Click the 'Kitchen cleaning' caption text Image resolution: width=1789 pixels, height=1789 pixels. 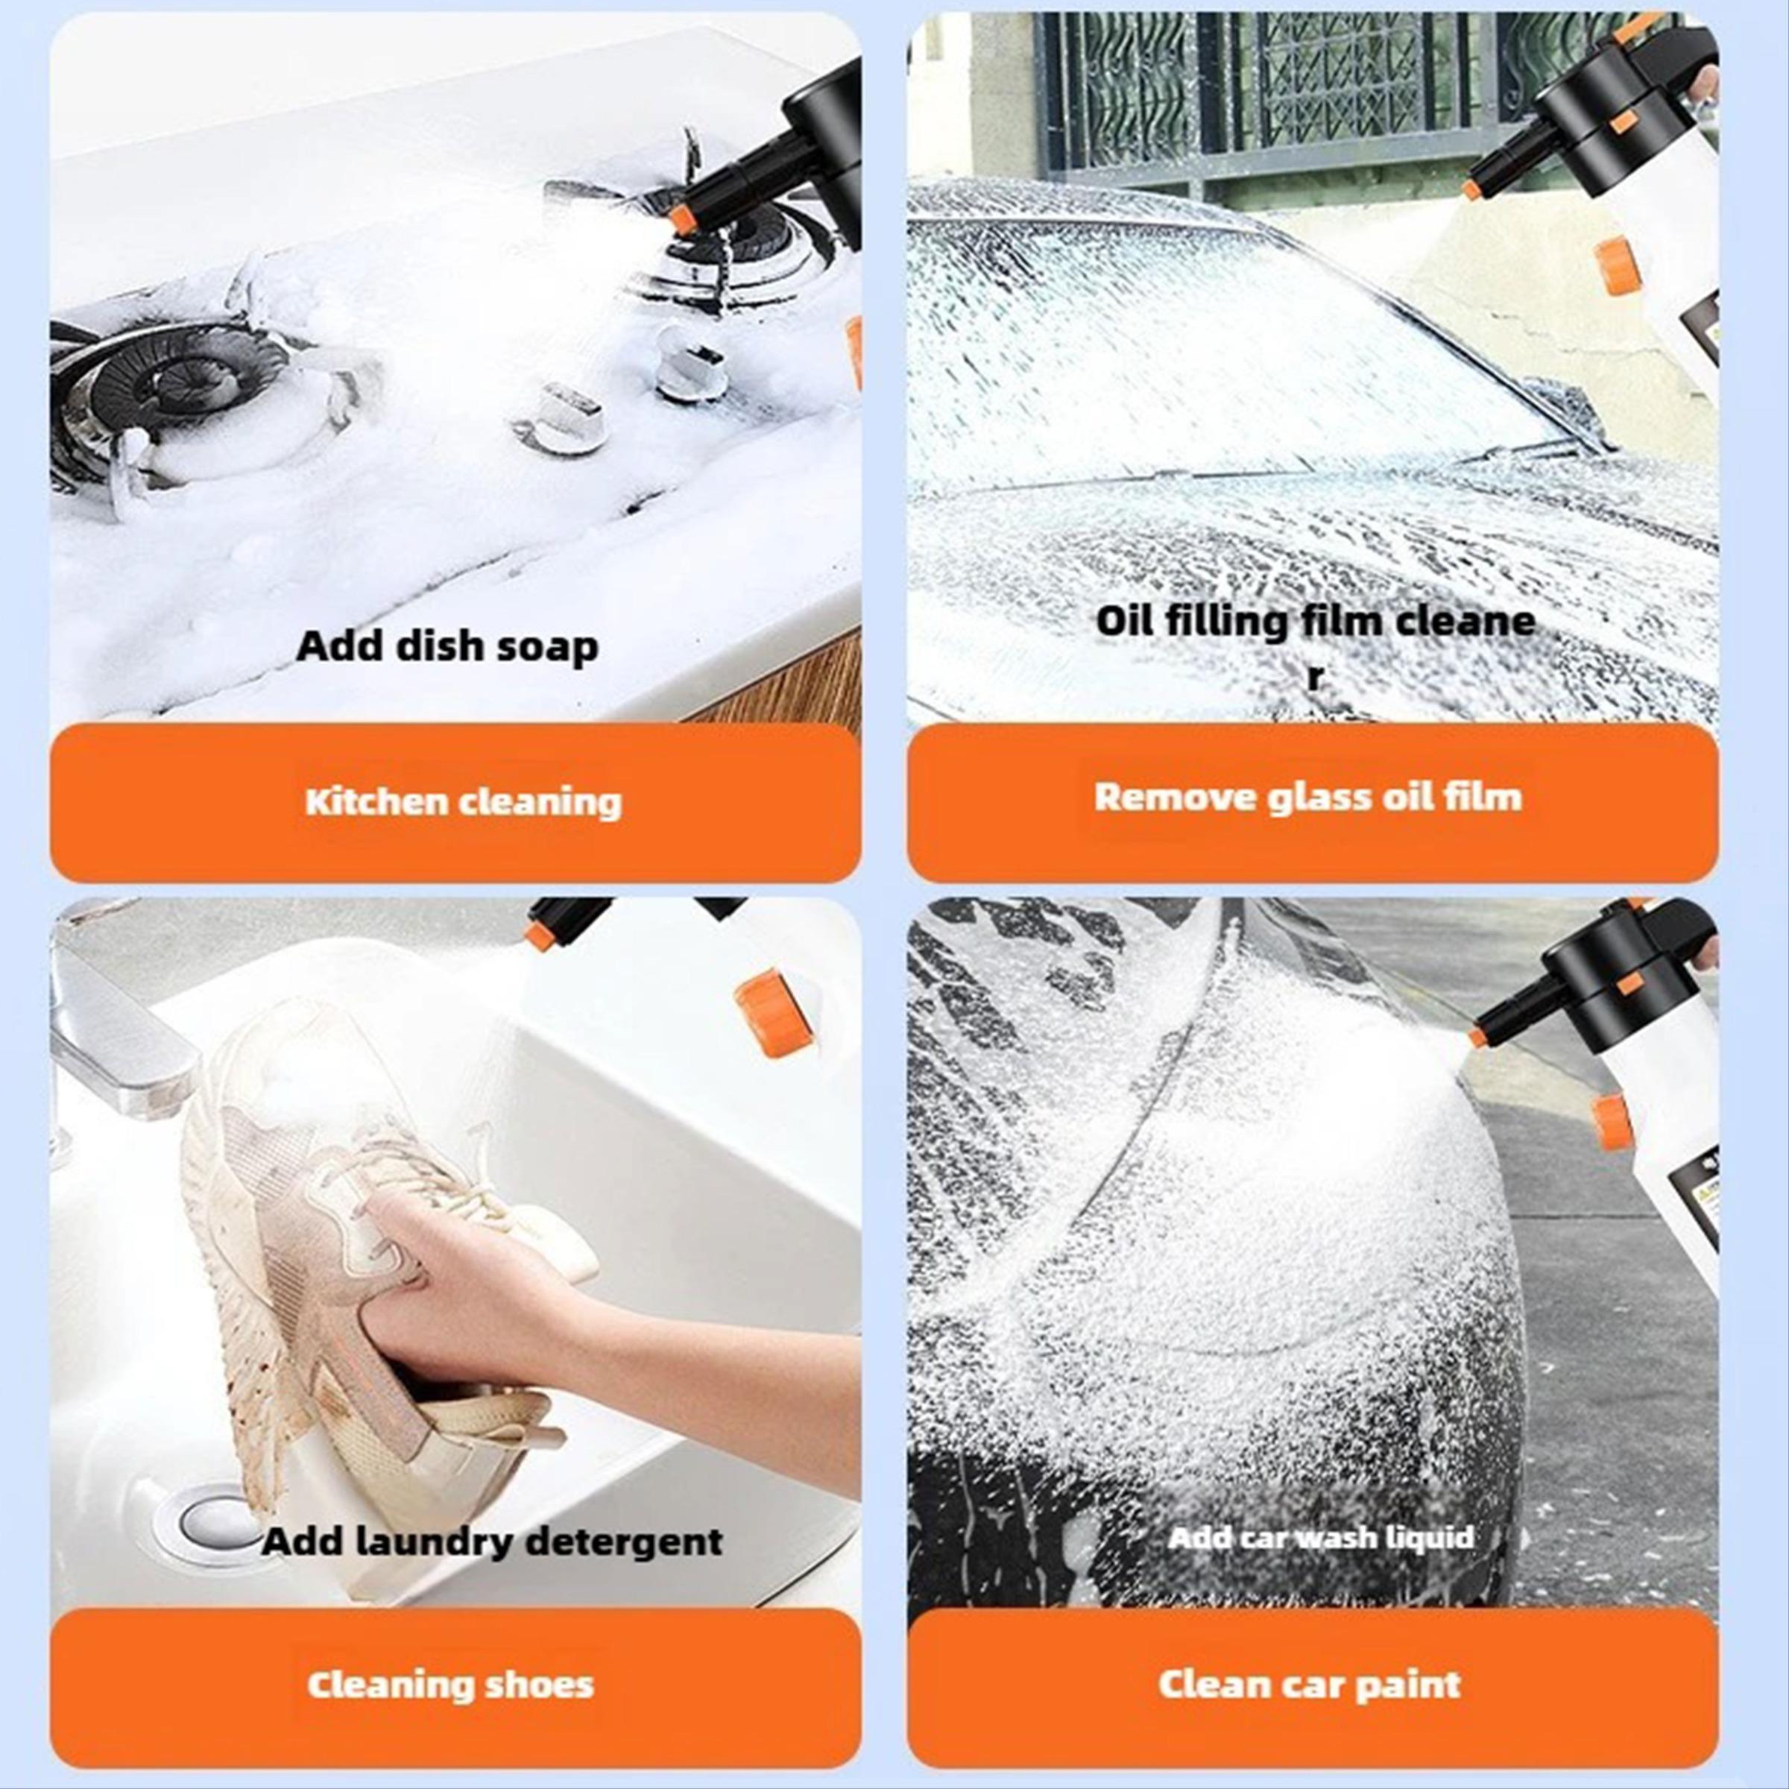pos(463,802)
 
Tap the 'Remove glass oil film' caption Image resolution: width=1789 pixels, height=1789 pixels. pos(1307,798)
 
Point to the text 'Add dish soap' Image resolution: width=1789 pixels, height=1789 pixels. pos(447,646)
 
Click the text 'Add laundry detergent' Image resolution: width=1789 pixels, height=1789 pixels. pos(492,1542)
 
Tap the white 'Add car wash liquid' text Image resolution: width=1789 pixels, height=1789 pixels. pos(1320,1538)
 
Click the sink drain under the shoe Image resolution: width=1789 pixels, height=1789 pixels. pos(209,1518)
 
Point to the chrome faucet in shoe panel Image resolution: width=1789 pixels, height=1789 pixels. pos(111,1028)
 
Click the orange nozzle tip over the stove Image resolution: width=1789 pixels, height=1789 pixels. pos(683,219)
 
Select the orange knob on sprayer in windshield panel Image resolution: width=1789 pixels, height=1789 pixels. pos(1618,266)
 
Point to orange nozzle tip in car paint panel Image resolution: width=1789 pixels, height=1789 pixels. pos(1479,1036)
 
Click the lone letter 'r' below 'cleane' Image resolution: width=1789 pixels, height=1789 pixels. pos(1315,677)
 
